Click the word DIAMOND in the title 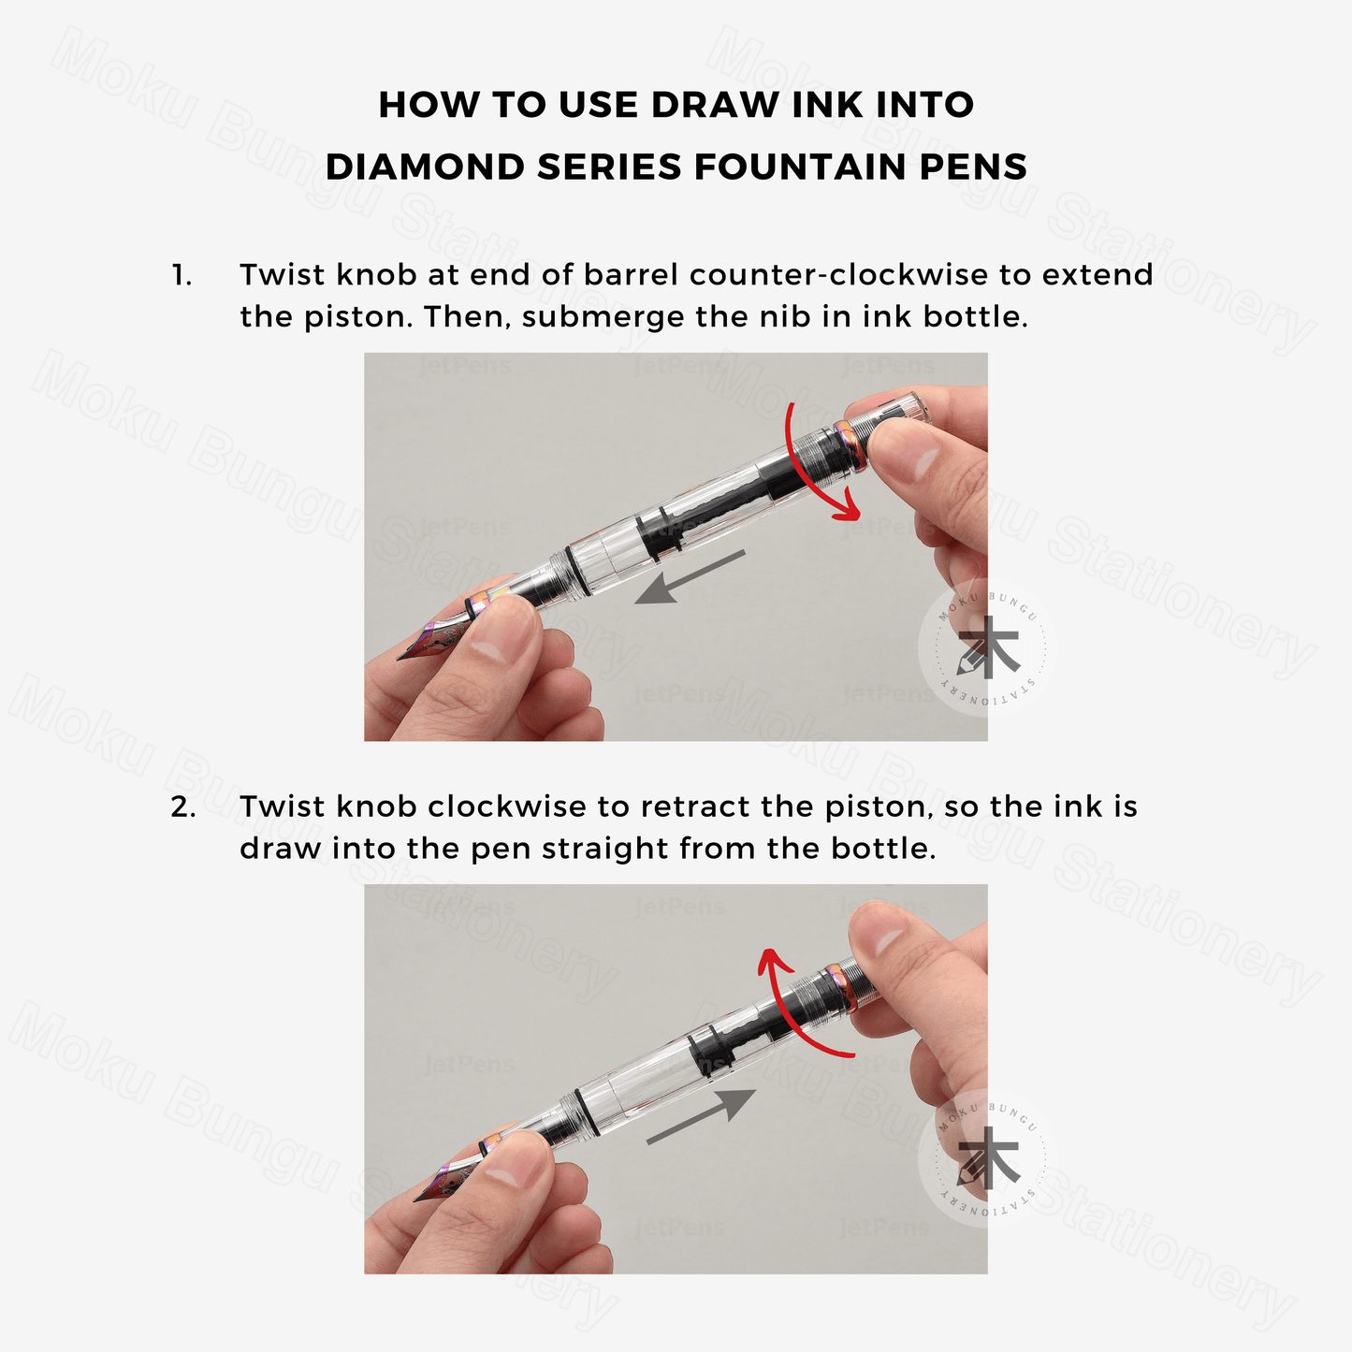point(425,167)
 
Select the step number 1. point(182,275)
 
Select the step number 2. point(183,807)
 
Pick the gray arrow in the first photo point(690,576)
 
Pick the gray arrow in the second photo point(701,1115)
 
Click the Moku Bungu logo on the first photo point(988,647)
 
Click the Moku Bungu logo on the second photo point(988,1158)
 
